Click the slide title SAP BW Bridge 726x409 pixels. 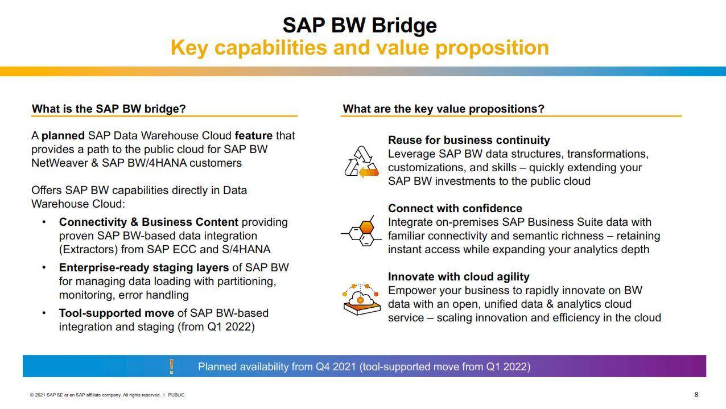(x=360, y=25)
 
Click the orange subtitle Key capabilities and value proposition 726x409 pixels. (x=360, y=48)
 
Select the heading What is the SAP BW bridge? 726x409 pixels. (x=109, y=109)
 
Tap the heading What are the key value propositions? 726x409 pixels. (x=443, y=109)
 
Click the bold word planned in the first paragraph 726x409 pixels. (x=63, y=135)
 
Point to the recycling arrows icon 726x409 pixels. (x=361, y=162)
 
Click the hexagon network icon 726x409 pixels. (x=361, y=231)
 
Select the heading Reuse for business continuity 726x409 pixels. (x=469, y=140)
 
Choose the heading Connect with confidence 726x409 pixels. (x=455, y=208)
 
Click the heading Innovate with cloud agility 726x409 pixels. (x=459, y=276)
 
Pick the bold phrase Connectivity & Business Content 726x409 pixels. (x=148, y=222)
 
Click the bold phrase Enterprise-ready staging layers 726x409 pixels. (x=144, y=268)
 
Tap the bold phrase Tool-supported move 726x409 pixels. (x=117, y=313)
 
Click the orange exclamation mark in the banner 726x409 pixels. (x=171, y=366)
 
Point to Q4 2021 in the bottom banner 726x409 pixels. (x=336, y=366)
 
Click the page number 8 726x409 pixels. (x=696, y=395)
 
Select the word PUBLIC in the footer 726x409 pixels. (x=176, y=395)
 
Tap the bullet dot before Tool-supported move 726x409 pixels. (x=44, y=313)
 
